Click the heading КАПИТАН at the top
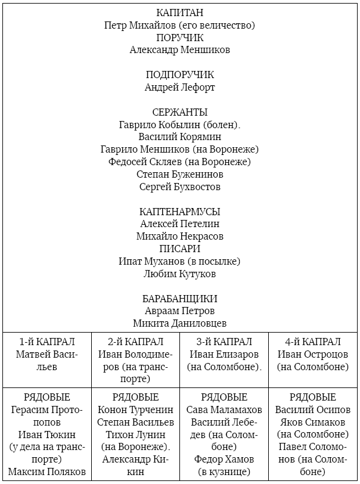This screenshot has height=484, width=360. [x=179, y=13]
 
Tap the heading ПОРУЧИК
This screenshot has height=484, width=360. [x=179, y=38]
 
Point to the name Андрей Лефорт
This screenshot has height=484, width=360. [x=179, y=87]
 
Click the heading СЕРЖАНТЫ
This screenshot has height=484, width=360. [x=179, y=112]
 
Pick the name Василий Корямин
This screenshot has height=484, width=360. [x=179, y=137]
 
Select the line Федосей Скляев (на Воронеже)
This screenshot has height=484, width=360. [x=179, y=162]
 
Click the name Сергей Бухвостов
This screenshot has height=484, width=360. [x=179, y=187]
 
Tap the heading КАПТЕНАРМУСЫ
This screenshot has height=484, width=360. [x=179, y=212]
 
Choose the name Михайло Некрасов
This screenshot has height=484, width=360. [x=179, y=237]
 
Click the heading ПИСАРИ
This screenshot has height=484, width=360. [x=179, y=249]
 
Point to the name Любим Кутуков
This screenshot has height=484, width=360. [x=179, y=274]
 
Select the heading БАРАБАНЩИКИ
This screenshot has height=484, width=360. [x=179, y=299]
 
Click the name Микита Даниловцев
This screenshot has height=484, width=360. [x=179, y=324]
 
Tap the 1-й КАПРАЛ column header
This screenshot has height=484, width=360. [x=46, y=342]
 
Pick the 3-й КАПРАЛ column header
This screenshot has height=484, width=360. [x=224, y=342]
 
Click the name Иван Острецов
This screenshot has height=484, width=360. [x=313, y=354]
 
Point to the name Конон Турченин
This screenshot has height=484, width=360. [x=135, y=410]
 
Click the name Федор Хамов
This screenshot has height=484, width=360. [x=224, y=460]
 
